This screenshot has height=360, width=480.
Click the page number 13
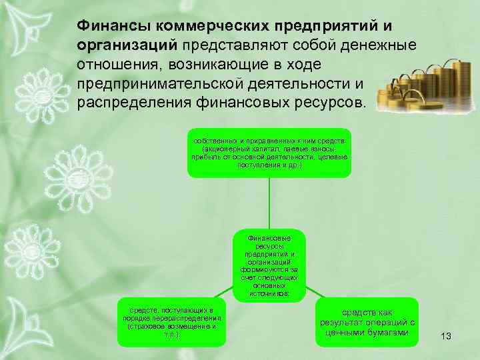[446, 337]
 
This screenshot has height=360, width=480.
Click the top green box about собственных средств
[268, 153]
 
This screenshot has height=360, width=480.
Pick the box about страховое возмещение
[169, 323]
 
